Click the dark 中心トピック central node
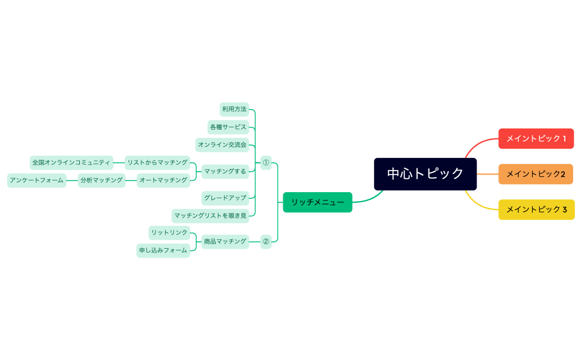[425, 174]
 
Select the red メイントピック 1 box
[536, 138]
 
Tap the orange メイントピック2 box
[535, 174]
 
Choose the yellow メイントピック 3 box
[536, 209]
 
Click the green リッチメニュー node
[318, 202]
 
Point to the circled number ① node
[266, 163]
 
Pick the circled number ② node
[266, 241]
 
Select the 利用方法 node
[234, 109]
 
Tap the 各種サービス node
[228, 127]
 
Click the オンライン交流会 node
[222, 145]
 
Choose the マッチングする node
[225, 171]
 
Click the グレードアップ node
[225, 198]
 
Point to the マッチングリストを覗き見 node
[210, 215]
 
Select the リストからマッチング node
[157, 162]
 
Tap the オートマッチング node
[164, 180]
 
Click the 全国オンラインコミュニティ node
[72, 162]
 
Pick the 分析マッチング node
[101, 180]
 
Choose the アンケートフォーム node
[37, 180]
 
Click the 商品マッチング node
[225, 241]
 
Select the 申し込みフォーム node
[164, 250]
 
